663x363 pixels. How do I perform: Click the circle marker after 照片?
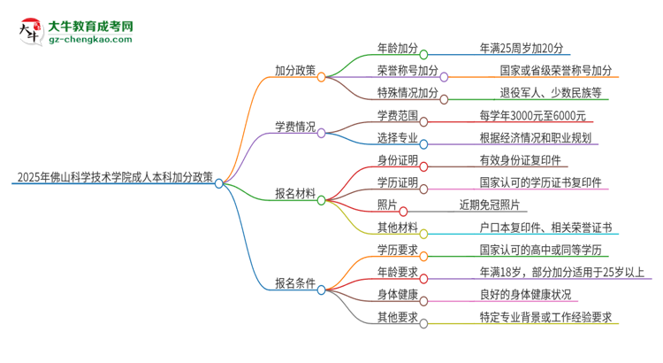[x=404, y=212]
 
